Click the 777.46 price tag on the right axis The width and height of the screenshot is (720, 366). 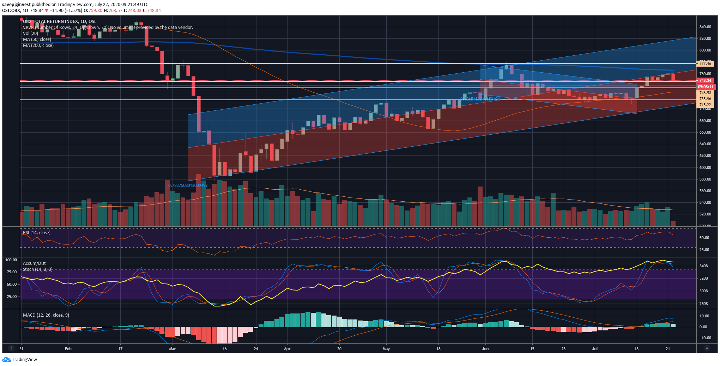[705, 63]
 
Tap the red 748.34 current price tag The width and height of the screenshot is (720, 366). [705, 80]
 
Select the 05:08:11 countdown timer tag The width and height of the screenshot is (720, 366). [705, 87]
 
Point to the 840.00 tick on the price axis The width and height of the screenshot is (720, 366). [705, 27]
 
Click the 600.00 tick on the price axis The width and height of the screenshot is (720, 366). [705, 167]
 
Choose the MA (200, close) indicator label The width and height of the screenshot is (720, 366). [38, 45]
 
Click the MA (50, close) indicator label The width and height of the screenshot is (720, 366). [37, 39]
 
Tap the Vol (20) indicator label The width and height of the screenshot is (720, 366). [30, 33]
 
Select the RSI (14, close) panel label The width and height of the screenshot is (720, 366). [37, 233]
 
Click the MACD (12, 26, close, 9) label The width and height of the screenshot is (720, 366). [46, 315]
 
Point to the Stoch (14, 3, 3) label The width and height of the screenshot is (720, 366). [38, 269]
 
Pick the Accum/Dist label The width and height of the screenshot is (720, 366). [34, 263]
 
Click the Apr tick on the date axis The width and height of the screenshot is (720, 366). [287, 349]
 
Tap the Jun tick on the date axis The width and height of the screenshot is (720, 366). [485, 349]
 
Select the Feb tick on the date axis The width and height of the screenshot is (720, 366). [68, 349]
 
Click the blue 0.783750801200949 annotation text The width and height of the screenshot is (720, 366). [188, 185]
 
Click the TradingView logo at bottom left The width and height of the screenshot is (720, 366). [20, 360]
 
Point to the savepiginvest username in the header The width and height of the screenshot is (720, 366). [16, 5]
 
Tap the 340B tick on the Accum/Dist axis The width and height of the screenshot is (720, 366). [703, 266]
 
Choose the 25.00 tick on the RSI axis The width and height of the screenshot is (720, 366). [704, 250]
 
